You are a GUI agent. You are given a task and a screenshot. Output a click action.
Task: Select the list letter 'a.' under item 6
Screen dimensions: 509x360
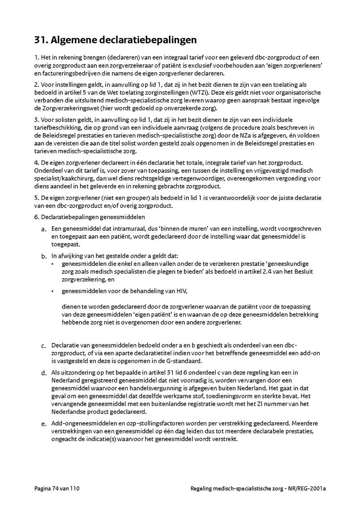[x=44, y=230]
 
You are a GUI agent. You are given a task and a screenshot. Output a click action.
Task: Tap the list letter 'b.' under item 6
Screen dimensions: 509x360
[x=44, y=256]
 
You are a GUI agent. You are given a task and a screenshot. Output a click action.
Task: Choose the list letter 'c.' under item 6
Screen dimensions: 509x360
[x=44, y=345]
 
